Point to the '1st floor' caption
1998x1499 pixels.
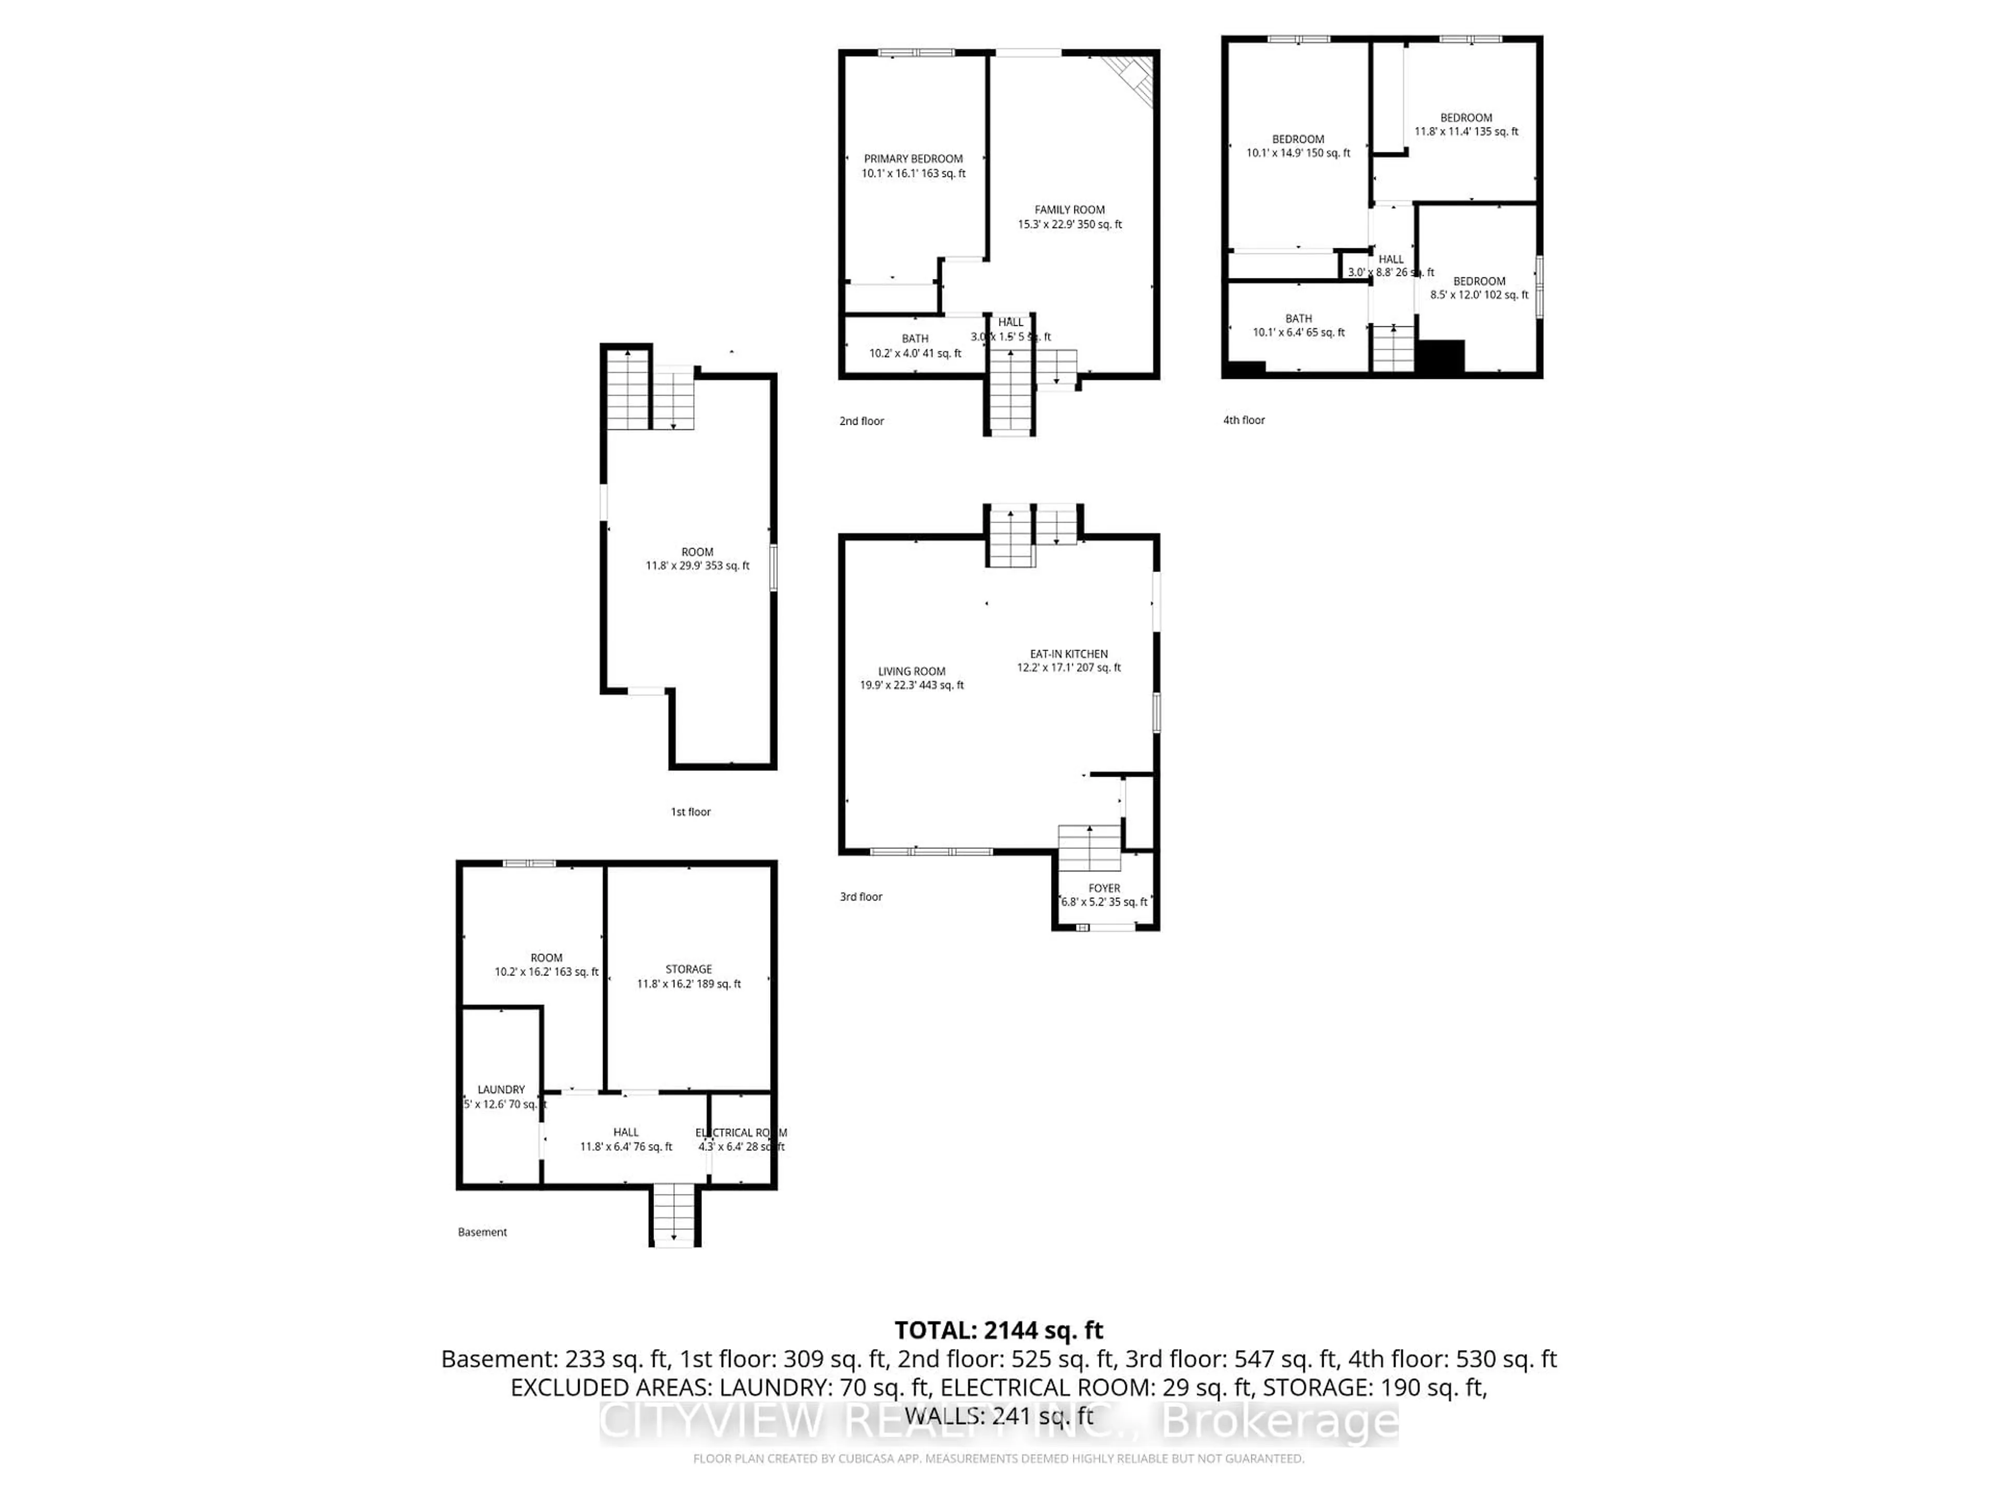click(690, 811)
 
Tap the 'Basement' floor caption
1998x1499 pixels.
click(482, 1231)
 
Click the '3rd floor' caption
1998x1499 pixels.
click(861, 896)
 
